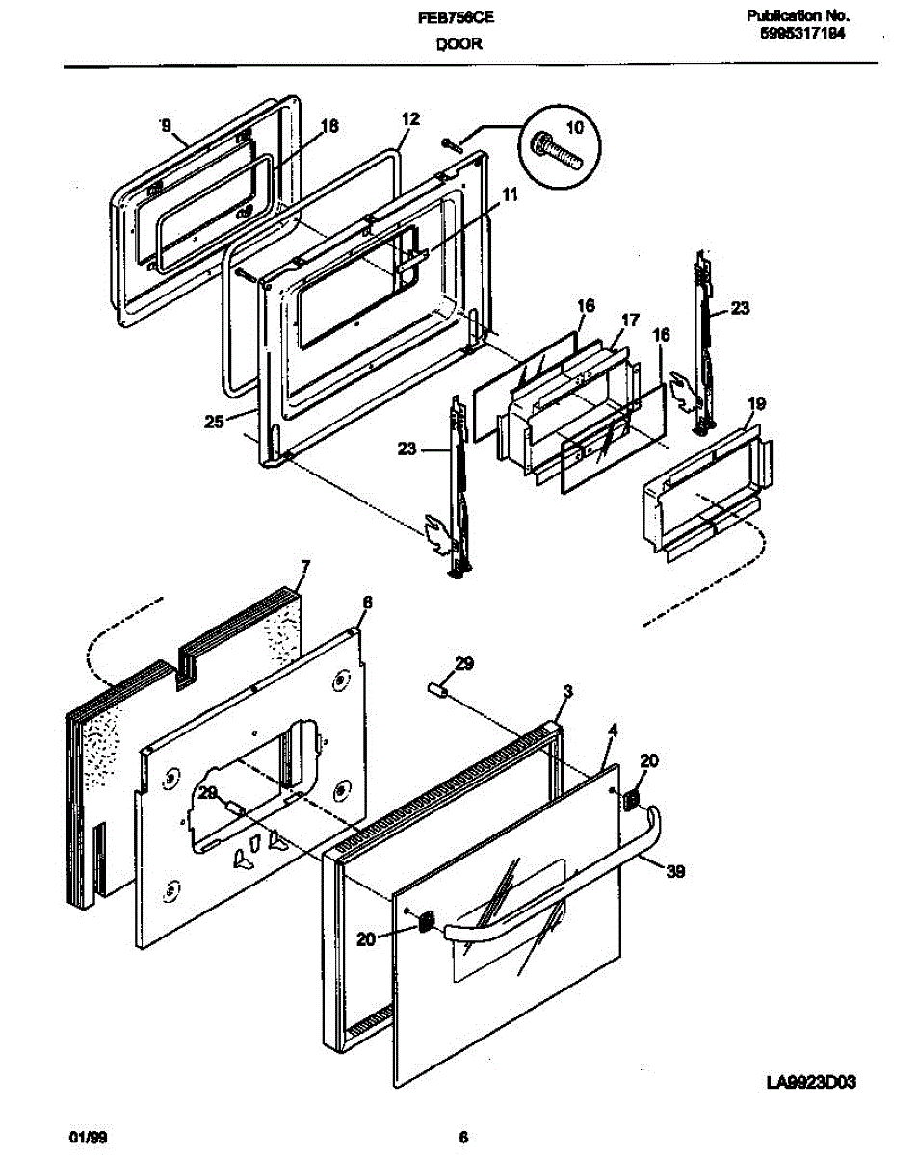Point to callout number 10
pyautogui.click(x=574, y=127)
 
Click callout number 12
pyautogui.click(x=410, y=119)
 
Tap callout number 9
pyautogui.click(x=165, y=125)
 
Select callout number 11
pyautogui.click(x=510, y=195)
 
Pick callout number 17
pyautogui.click(x=629, y=320)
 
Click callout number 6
pyautogui.click(x=366, y=602)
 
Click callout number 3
pyautogui.click(x=567, y=691)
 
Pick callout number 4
pyautogui.click(x=612, y=730)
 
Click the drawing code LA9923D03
pyautogui.click(x=811, y=1082)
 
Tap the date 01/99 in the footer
pyautogui.click(x=89, y=1137)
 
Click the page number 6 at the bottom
pyautogui.click(x=463, y=1137)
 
